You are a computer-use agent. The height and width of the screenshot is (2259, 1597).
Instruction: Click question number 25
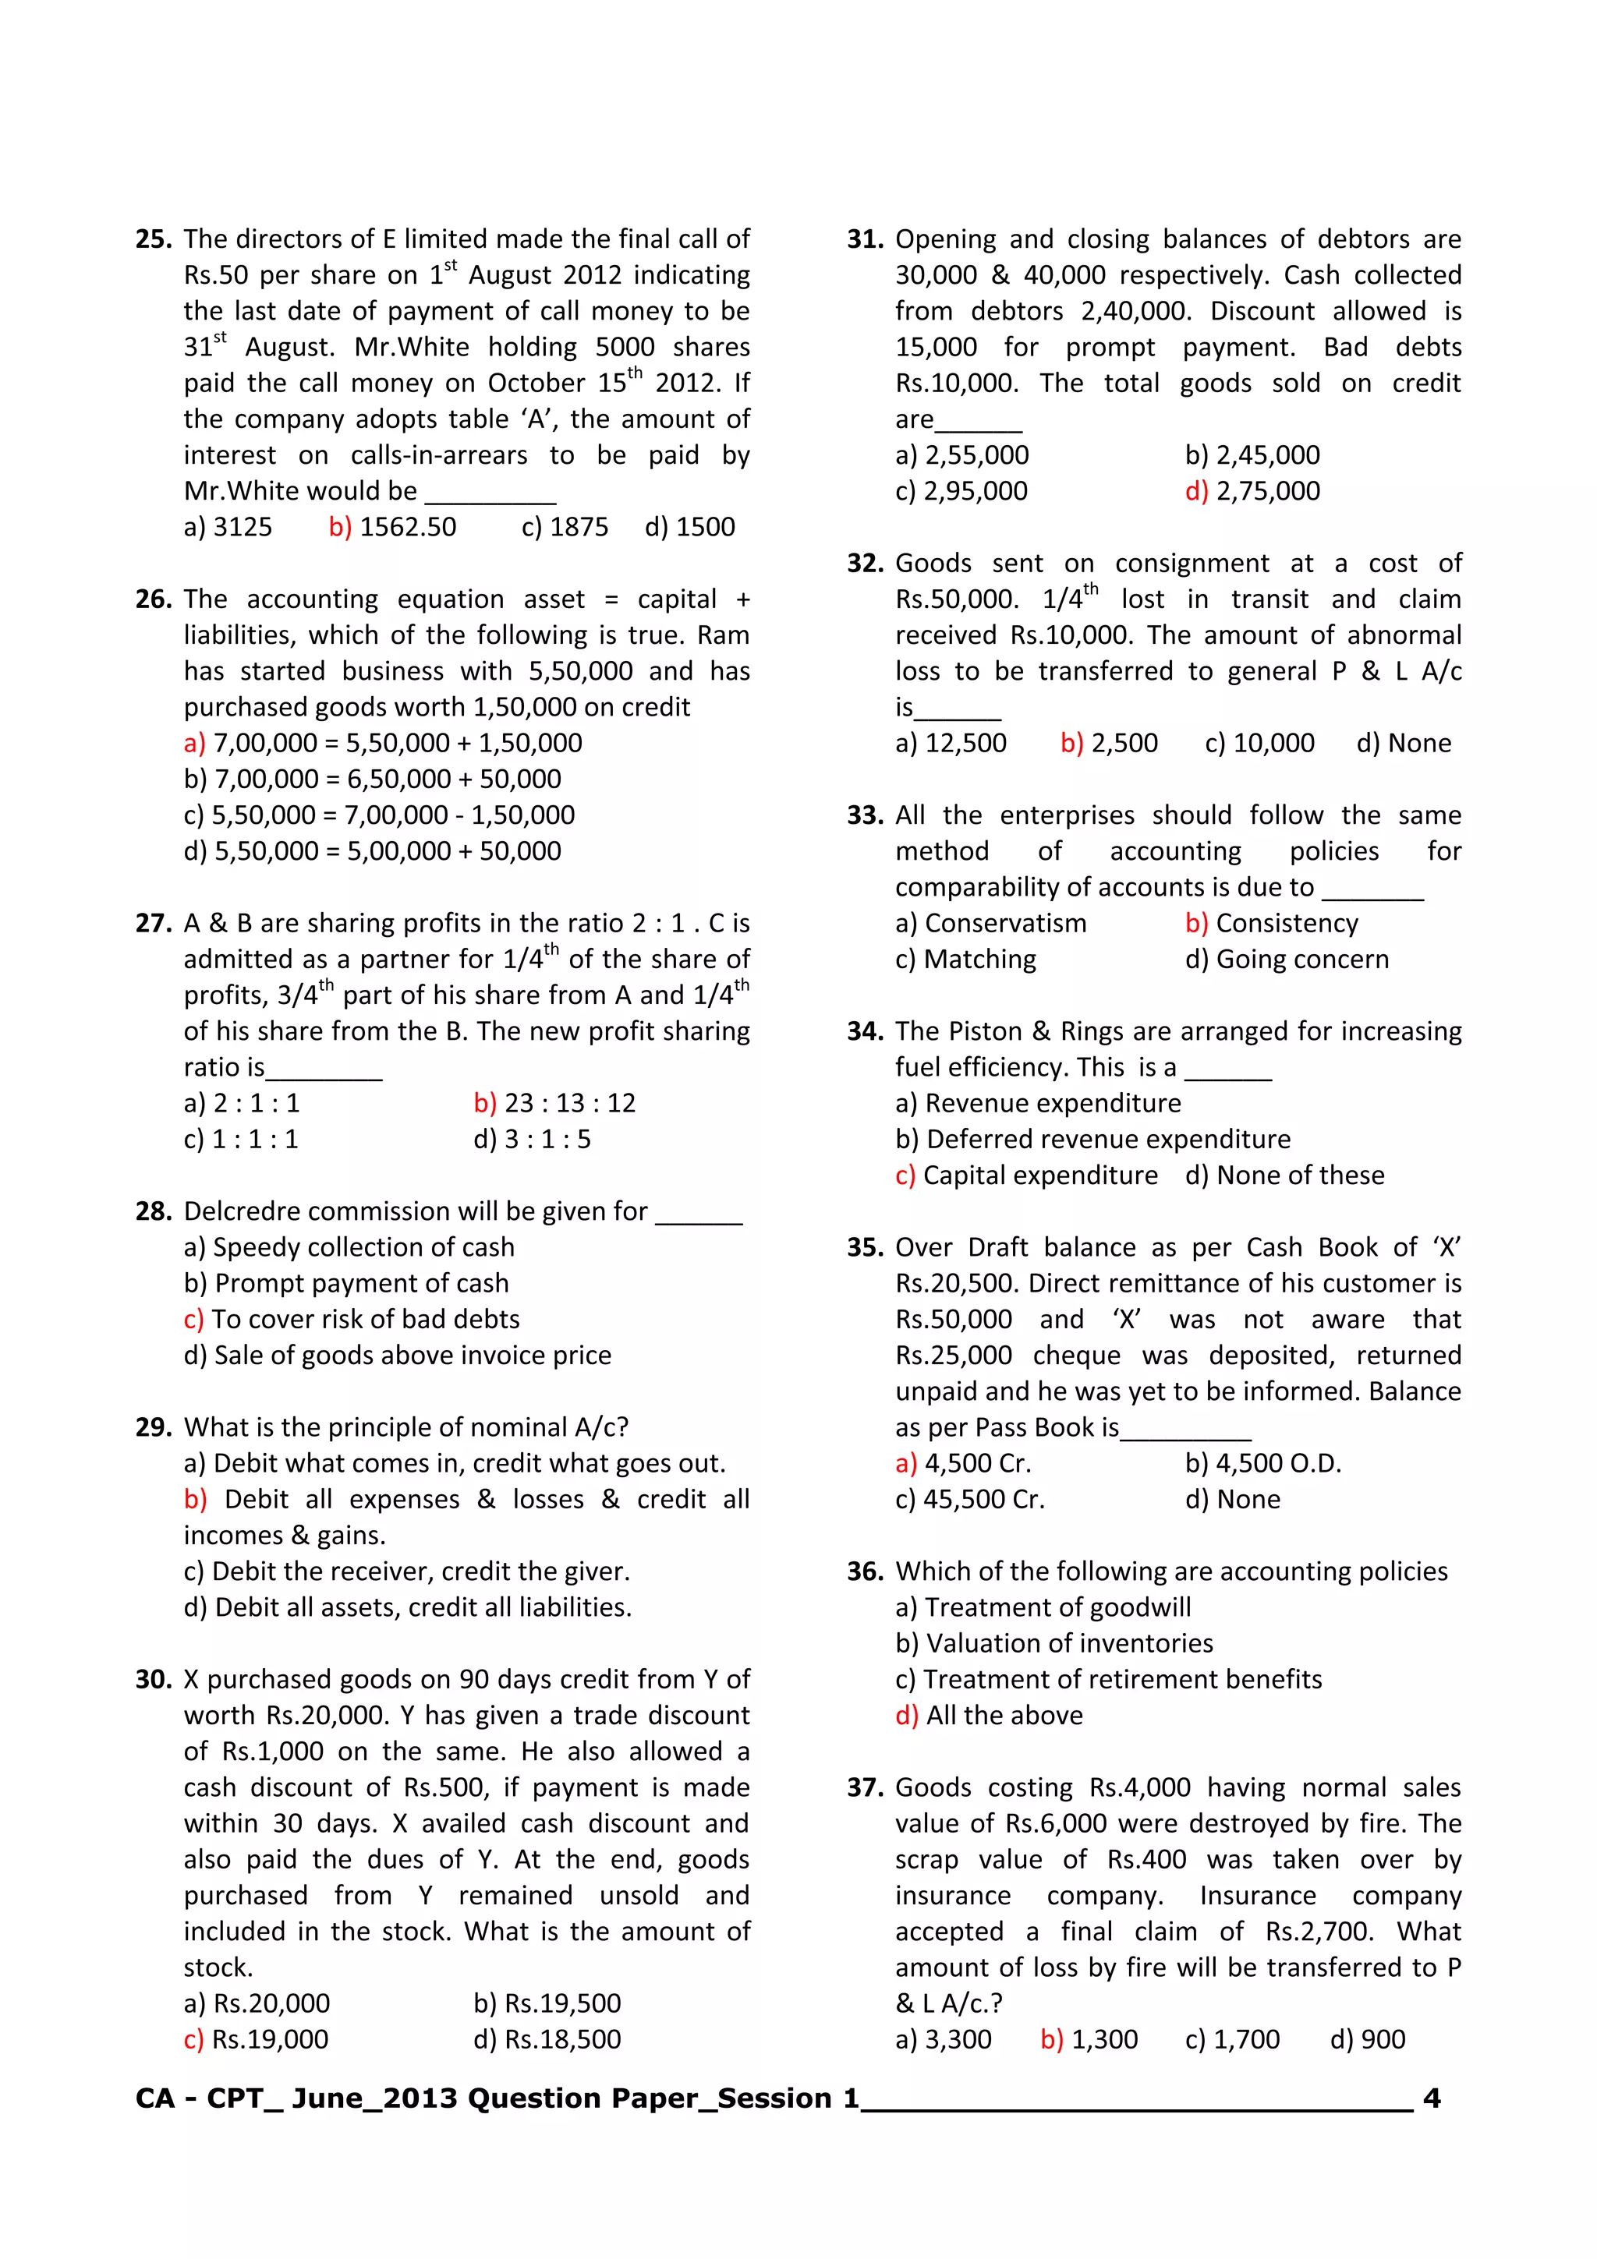[154, 239]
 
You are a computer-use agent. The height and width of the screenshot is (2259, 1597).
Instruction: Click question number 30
[154, 1680]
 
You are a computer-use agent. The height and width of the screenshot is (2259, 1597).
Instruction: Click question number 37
[865, 1787]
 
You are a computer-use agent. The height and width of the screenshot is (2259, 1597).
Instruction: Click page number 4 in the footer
[1432, 2098]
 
